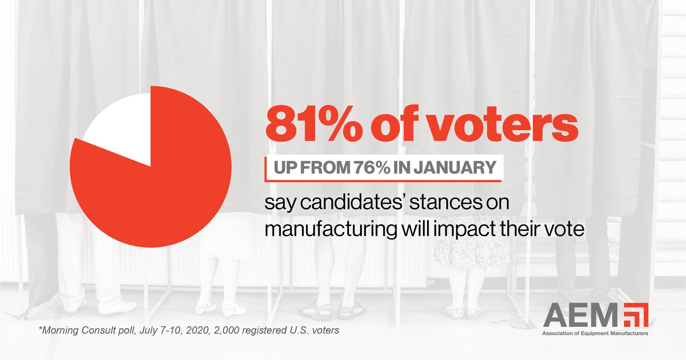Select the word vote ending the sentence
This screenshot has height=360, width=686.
[x=565, y=229]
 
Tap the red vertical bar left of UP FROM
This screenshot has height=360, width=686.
[x=265, y=168]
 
